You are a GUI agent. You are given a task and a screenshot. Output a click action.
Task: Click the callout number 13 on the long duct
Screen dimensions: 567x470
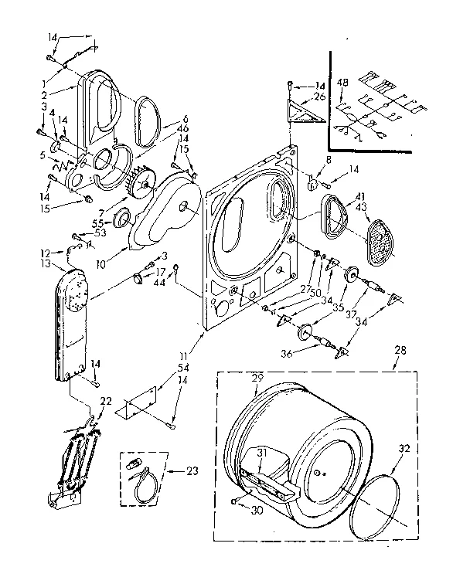tap(46, 263)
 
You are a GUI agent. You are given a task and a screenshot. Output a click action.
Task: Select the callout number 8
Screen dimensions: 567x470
tap(307, 160)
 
